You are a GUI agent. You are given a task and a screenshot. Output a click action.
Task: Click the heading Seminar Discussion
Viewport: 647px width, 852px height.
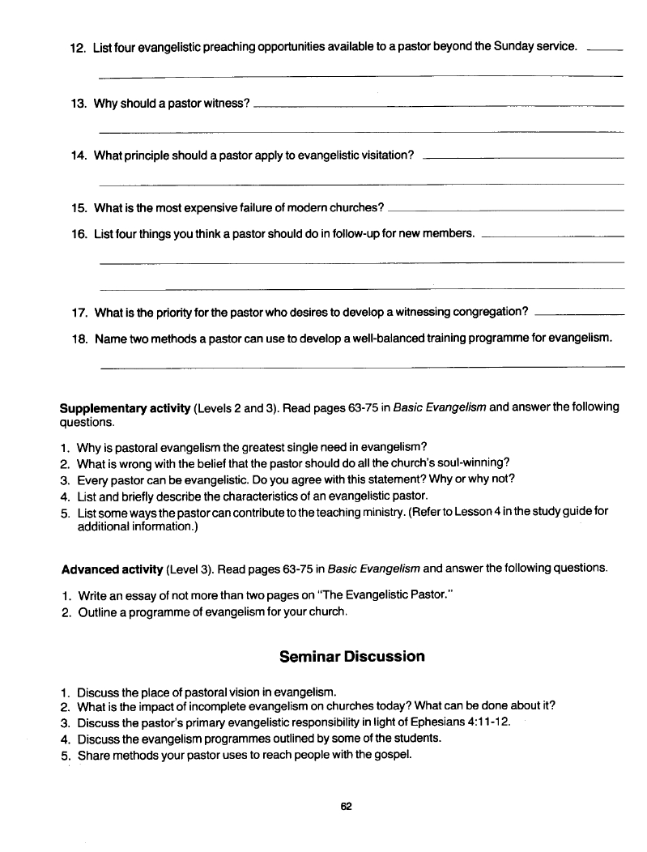[x=351, y=656]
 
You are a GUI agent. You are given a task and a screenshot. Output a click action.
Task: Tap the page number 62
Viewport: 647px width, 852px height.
[x=347, y=806]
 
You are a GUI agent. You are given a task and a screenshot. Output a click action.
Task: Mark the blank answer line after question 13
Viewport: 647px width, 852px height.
[x=438, y=106]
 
